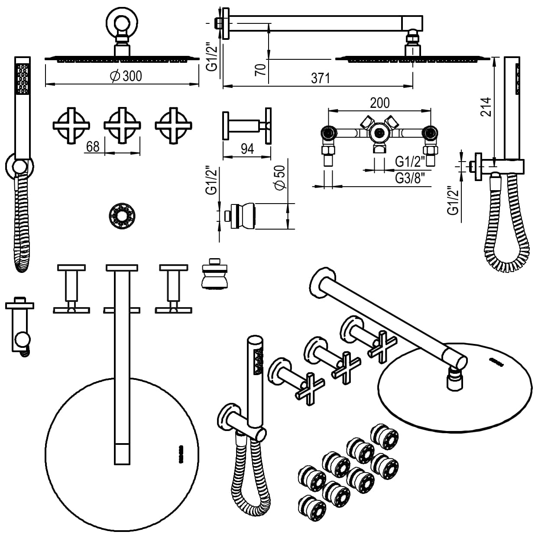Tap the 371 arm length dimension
(321, 78)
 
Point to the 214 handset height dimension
(487, 107)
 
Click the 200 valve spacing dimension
(379, 103)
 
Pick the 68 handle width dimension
(93, 146)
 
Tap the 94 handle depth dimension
(247, 149)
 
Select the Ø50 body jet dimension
(279, 178)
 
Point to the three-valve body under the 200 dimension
(379, 134)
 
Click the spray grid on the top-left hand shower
(23, 78)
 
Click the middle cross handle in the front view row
(122, 125)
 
